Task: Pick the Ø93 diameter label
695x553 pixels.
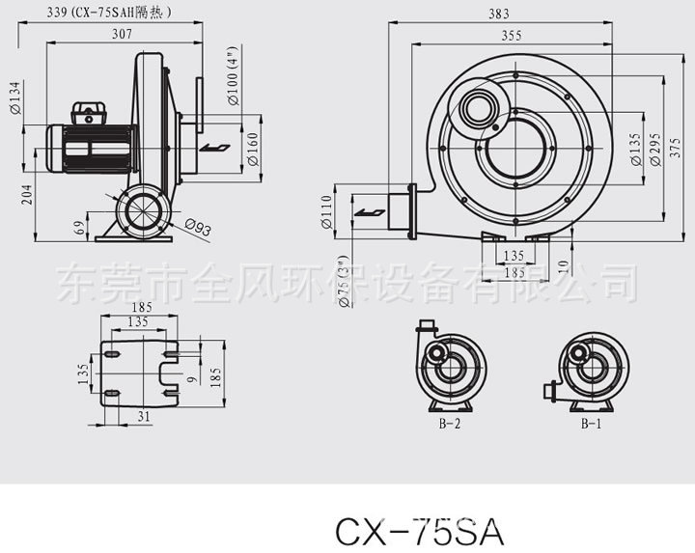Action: (197, 228)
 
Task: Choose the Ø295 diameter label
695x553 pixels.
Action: (655, 150)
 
